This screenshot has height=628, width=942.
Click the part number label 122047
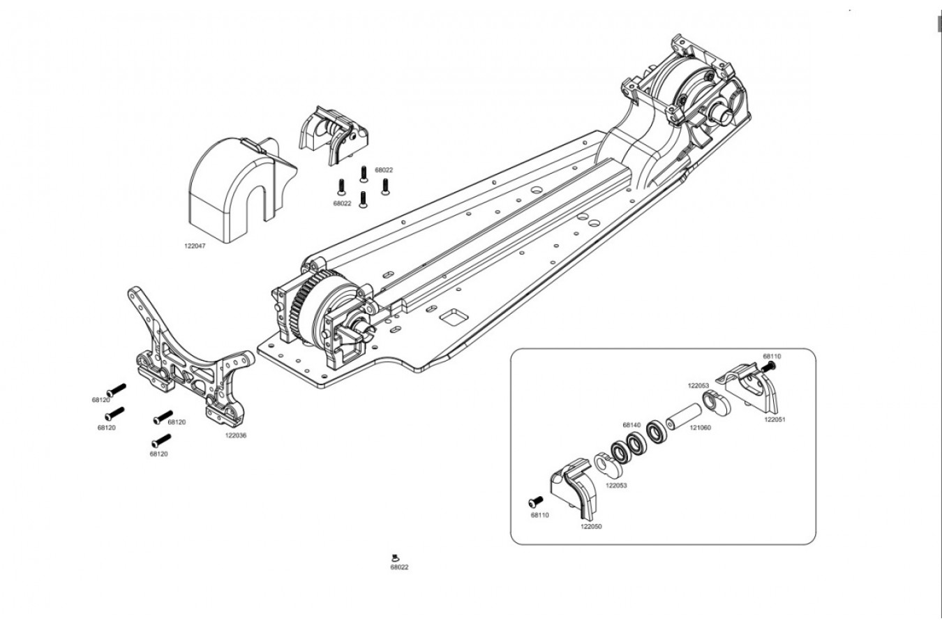coord(195,246)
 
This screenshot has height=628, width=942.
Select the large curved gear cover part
coord(242,189)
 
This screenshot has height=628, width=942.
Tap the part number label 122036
coord(236,435)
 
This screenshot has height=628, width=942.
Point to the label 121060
coord(700,428)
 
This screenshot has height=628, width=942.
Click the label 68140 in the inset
coord(631,425)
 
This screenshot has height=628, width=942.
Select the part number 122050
coord(591,526)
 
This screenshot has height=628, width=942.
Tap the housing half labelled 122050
coord(575,489)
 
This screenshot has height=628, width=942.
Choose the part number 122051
coord(775,419)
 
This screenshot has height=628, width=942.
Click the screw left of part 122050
coord(535,502)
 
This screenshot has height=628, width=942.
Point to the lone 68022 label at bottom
coord(399,567)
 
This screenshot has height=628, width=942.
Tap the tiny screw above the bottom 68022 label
coord(394,558)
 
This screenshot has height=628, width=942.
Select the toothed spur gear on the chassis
coord(301,309)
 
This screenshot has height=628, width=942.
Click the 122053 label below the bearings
coord(616,486)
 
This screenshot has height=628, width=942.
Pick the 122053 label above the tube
coord(698,385)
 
